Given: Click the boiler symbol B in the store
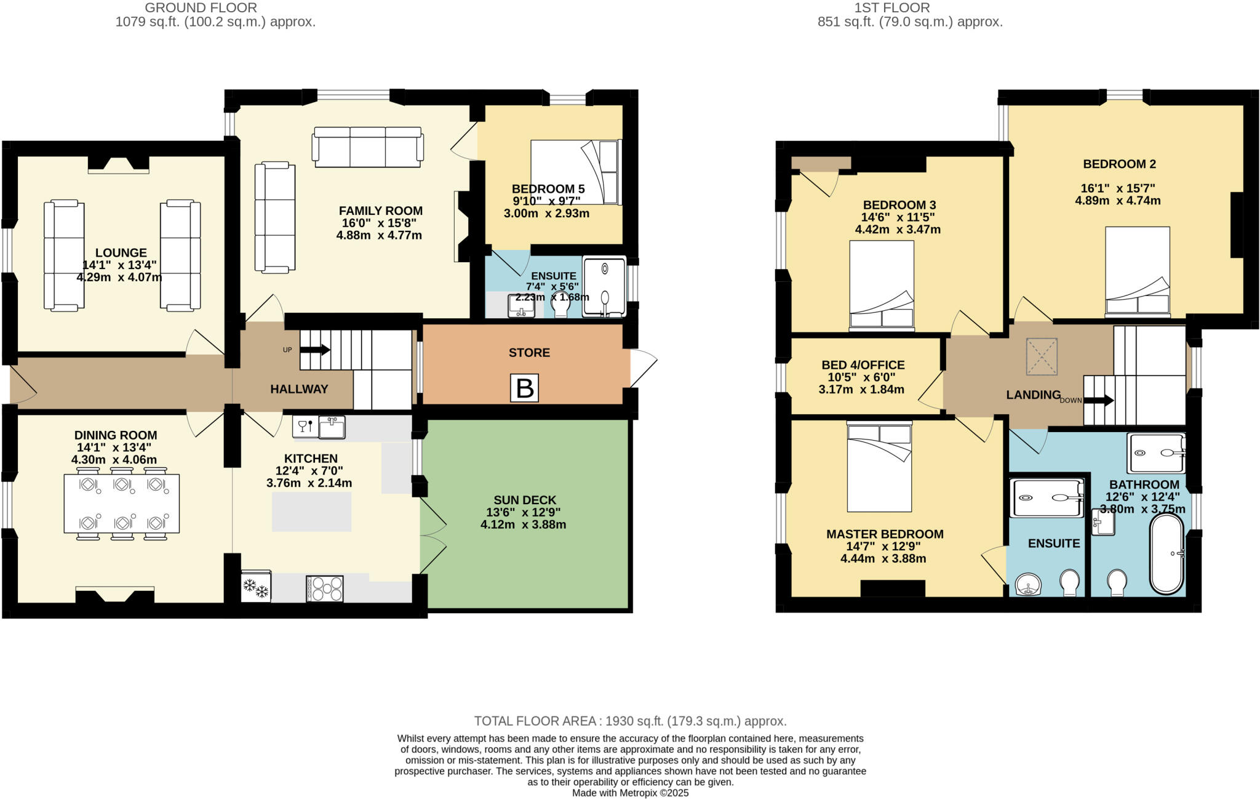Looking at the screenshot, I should [x=524, y=388].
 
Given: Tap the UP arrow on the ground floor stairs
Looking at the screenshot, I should [x=315, y=350].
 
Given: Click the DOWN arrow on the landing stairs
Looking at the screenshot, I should [x=1099, y=401].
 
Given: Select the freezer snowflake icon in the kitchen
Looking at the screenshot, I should [x=256, y=588].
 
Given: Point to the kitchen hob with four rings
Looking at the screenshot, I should [x=325, y=588].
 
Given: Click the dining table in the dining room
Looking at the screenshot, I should [x=122, y=503].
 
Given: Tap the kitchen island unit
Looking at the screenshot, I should [x=312, y=512].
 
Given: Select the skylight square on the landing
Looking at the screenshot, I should [x=1041, y=356].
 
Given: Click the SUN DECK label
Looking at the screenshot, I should [x=524, y=500].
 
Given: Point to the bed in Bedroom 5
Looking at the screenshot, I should [x=575, y=172].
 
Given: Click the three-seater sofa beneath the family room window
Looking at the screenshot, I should [x=368, y=147].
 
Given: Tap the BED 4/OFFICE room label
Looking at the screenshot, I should [x=863, y=365].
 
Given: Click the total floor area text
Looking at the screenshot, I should [x=630, y=721].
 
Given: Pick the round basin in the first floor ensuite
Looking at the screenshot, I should [x=1027, y=584].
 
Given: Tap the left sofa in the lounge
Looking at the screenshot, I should [x=64, y=255].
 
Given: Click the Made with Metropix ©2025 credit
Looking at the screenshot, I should [x=630, y=793].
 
